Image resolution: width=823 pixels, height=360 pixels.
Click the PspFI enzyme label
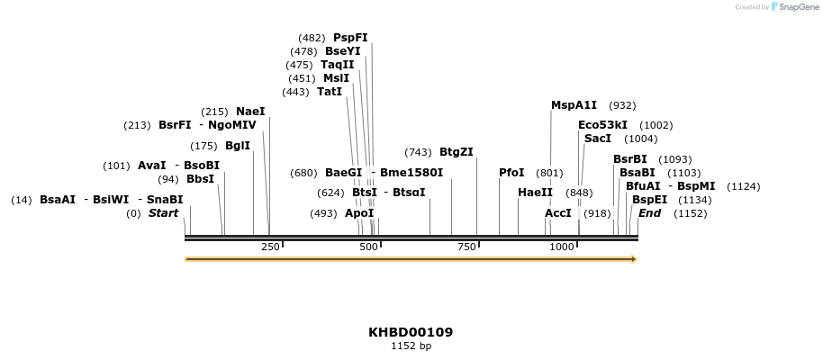(x=350, y=38)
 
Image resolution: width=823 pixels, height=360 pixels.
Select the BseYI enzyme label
(x=342, y=51)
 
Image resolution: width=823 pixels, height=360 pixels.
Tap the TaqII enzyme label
(x=338, y=65)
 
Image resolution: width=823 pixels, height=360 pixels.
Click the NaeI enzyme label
(x=250, y=112)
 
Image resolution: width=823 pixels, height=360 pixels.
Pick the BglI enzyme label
(x=238, y=146)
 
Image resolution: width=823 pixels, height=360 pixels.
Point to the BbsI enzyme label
(x=200, y=179)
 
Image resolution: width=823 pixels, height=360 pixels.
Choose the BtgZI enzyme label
(x=457, y=152)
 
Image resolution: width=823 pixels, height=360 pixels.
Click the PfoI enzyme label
(x=511, y=173)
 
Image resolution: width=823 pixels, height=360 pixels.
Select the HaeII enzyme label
(x=535, y=193)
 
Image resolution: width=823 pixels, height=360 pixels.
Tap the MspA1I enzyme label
(x=574, y=105)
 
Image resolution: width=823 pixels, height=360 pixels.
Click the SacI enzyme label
(x=598, y=139)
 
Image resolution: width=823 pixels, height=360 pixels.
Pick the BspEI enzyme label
(x=650, y=200)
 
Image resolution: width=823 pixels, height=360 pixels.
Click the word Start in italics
(x=163, y=213)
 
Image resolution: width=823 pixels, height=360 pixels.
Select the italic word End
(x=649, y=213)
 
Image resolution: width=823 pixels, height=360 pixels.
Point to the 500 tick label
(x=368, y=247)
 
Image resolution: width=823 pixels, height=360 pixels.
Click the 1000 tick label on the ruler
(x=561, y=247)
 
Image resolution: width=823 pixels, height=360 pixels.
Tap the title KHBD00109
(x=411, y=332)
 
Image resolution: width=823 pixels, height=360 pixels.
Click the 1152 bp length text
(x=411, y=346)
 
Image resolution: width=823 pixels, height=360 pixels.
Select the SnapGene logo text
(x=795, y=7)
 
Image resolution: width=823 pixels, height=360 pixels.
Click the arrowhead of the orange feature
(x=634, y=259)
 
